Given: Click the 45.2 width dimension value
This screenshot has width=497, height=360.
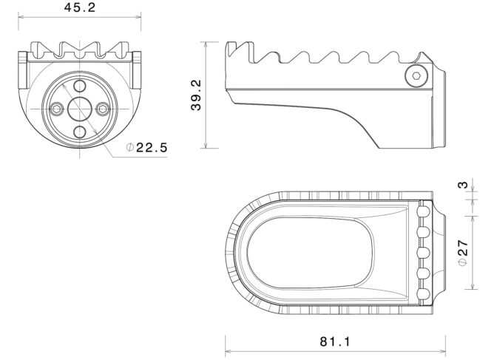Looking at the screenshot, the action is (80, 7).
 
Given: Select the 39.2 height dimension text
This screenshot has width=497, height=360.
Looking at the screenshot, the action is (196, 95).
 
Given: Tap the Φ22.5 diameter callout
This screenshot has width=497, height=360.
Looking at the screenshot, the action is (146, 147).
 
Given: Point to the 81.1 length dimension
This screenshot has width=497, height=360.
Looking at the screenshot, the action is (335, 342).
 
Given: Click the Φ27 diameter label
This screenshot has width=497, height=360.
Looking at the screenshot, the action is (464, 253).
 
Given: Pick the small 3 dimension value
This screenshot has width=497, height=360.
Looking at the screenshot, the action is (464, 185).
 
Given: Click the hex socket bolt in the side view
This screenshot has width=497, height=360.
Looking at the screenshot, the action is (416, 76).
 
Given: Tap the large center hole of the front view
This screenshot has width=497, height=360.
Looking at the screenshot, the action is (80, 109).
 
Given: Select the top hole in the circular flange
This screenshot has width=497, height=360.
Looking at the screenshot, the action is (80, 86).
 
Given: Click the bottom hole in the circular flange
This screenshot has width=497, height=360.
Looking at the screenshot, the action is (80, 132).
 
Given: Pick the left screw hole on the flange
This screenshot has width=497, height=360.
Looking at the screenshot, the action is (57, 109).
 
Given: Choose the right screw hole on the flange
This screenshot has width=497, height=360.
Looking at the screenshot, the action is (103, 109).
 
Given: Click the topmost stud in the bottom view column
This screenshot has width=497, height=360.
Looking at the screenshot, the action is (423, 211).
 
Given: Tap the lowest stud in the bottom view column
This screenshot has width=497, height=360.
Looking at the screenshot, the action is (423, 294).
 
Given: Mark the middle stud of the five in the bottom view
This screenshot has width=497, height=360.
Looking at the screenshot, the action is (423, 253).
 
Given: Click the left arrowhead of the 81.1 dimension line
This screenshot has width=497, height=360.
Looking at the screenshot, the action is (227, 351).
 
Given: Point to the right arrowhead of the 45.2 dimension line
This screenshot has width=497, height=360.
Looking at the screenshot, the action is (139, 18).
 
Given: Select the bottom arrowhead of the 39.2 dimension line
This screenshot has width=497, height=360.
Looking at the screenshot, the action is (206, 146).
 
